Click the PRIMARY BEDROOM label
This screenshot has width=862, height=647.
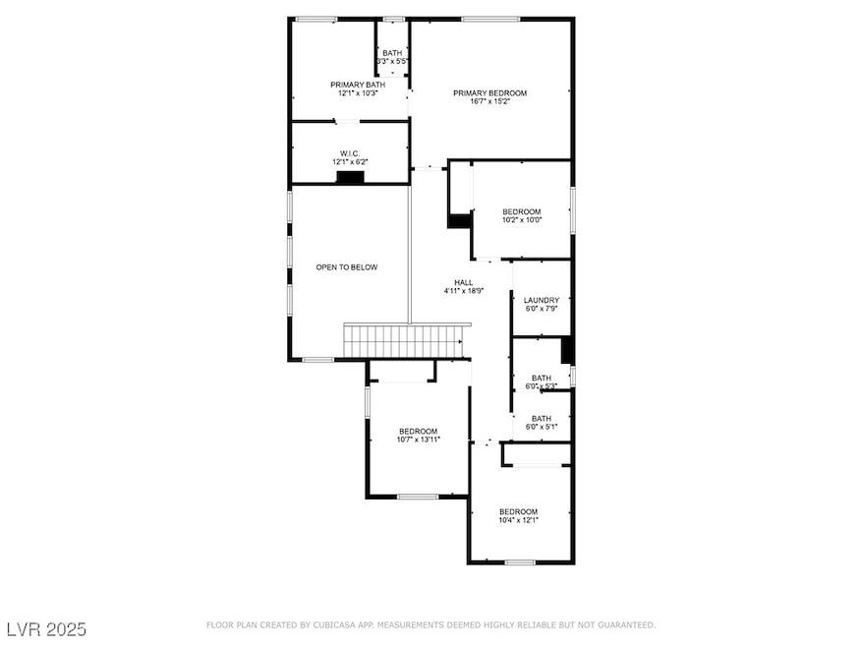coord(489,93)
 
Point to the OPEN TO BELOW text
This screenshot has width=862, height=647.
coord(346,266)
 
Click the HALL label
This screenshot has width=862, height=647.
coord(450,282)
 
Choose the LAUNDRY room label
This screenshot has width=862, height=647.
coord(542,300)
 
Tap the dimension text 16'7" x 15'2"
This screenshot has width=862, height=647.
coord(489,102)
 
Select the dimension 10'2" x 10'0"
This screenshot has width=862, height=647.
coord(521,220)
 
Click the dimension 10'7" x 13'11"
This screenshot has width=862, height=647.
coord(418,440)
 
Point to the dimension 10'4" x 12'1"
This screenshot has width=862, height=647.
coord(518,520)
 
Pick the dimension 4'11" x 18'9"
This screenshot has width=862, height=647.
coord(450,291)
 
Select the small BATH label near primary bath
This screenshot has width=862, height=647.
coord(392,53)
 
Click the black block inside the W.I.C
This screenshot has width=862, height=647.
coord(350,177)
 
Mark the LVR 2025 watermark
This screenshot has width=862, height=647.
coord(46,627)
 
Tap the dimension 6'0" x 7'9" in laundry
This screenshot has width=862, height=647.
coord(542,309)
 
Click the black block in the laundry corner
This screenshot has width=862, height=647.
coord(566,349)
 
